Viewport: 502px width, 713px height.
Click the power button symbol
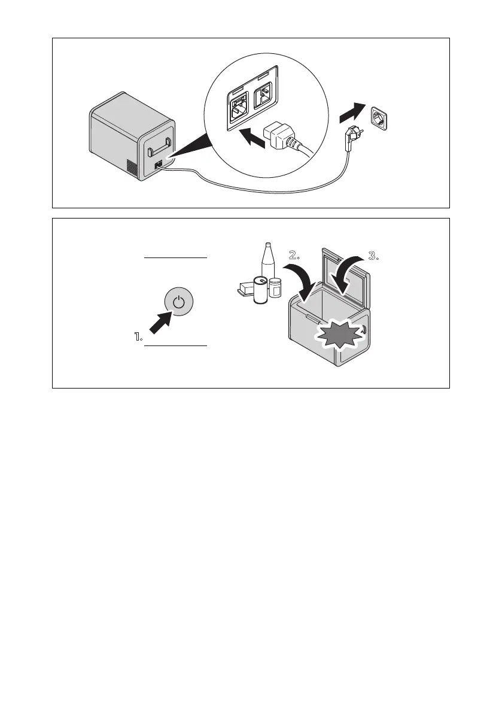178,302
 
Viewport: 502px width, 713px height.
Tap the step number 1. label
138,338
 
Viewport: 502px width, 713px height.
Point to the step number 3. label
374,256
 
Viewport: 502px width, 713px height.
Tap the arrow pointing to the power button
158,323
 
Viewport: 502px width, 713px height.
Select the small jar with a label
275,289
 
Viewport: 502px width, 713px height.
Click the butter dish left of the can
244,292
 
